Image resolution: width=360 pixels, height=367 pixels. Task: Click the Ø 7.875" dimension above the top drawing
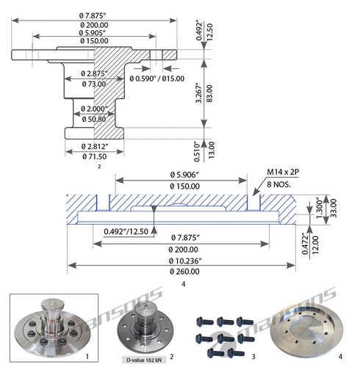point(93,15)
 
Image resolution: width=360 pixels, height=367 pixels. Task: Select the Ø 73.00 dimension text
point(94,84)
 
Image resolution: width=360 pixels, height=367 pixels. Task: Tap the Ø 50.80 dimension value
point(94,120)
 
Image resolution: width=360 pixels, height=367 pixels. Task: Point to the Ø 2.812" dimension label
point(95,147)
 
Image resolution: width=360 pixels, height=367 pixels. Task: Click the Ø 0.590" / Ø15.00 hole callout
point(157,79)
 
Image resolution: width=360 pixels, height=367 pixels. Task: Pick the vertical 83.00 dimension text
point(209,93)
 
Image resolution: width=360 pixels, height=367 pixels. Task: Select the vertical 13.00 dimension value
point(211,150)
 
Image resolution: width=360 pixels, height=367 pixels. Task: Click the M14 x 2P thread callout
point(283,172)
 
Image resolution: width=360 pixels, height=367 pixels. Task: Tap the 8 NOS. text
point(278,184)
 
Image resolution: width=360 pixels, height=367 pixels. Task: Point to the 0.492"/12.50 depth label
point(126,231)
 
